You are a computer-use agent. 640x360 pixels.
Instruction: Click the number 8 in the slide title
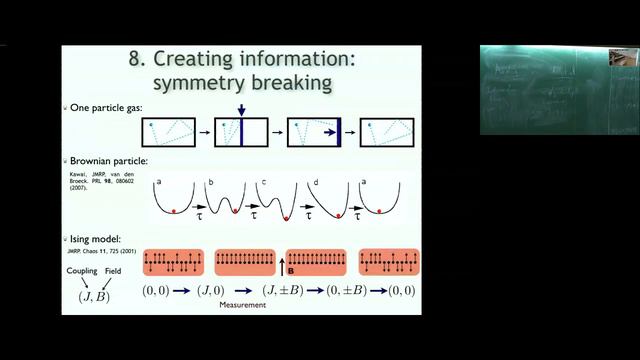coord(135,59)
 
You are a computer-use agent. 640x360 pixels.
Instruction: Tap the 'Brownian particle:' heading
coord(107,160)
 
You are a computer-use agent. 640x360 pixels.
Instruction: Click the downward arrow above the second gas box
coord(241,107)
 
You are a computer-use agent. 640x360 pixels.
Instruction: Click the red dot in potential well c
coord(288,217)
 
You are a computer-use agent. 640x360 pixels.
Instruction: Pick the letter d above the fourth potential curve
coord(314,180)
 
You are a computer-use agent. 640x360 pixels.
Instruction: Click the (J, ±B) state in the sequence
coord(283,291)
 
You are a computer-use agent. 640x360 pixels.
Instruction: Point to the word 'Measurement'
coord(242,306)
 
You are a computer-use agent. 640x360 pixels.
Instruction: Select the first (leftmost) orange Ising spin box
coord(173,263)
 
